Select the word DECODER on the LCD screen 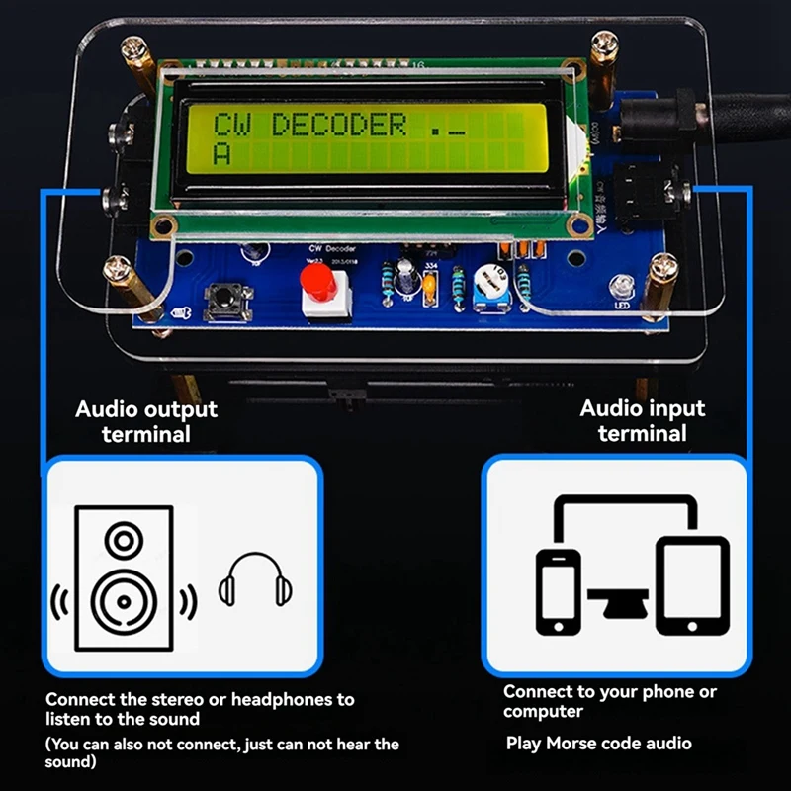point(338,126)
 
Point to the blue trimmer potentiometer point(487,284)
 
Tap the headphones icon point(257,579)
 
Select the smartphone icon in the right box point(559,590)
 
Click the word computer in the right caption point(543,712)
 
